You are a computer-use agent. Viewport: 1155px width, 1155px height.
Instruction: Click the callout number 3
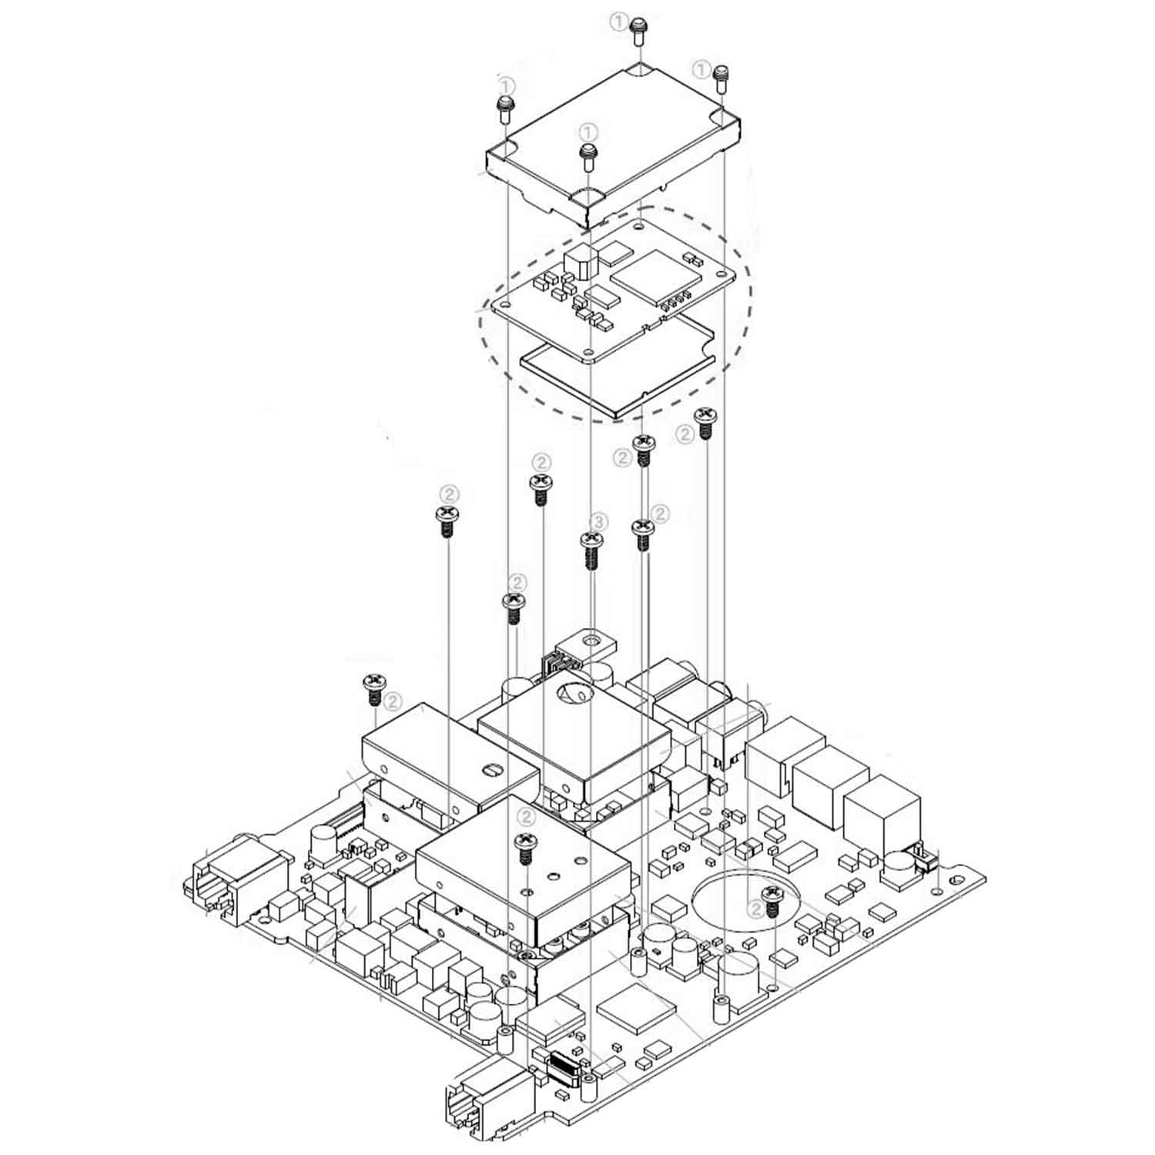tap(599, 522)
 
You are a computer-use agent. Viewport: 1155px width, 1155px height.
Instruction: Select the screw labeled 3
tap(591, 547)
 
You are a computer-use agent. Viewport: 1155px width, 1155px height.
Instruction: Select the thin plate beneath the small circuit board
tap(616, 377)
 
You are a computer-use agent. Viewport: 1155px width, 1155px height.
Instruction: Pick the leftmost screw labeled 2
tap(373, 688)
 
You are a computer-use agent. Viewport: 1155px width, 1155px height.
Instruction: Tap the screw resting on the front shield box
tap(525, 845)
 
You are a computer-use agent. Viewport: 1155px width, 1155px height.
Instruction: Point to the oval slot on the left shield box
tap(490, 768)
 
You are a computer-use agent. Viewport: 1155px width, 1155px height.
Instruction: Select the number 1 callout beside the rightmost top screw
tap(701, 70)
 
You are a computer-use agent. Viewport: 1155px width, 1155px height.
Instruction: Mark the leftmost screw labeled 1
tap(504, 108)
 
